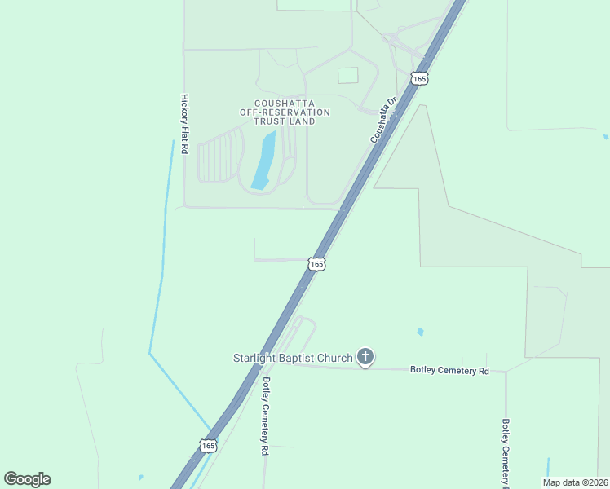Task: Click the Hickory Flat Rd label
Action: pyautogui.click(x=184, y=124)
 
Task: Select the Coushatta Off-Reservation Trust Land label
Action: pyautogui.click(x=285, y=112)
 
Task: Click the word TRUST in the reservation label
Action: pyautogui.click(x=270, y=121)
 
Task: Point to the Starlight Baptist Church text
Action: pyautogui.click(x=293, y=358)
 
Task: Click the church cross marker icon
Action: pyautogui.click(x=365, y=356)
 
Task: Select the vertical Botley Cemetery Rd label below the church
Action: pyautogui.click(x=265, y=415)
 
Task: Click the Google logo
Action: pyautogui.click(x=27, y=479)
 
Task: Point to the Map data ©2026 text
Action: pyautogui.click(x=574, y=482)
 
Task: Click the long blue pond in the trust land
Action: pyautogui.click(x=263, y=161)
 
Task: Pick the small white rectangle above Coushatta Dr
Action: pyautogui.click(x=348, y=75)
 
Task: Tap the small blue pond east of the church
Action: pyautogui.click(x=420, y=332)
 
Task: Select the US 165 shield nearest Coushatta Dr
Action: pyautogui.click(x=419, y=78)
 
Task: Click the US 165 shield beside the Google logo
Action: pyautogui.click(x=208, y=445)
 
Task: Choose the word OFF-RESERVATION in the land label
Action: pyautogui.click(x=285, y=112)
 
